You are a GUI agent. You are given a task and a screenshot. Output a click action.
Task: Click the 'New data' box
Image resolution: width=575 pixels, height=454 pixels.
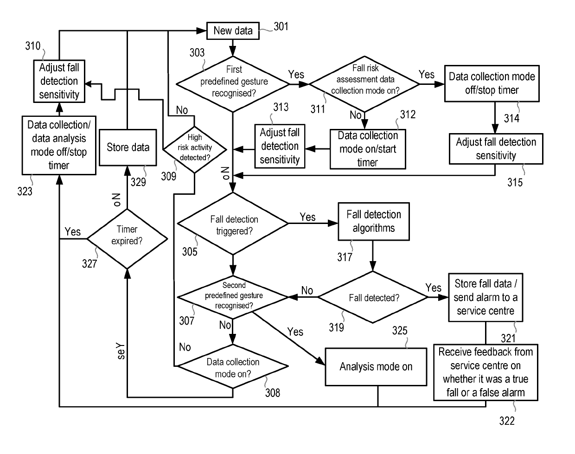pos(233,31)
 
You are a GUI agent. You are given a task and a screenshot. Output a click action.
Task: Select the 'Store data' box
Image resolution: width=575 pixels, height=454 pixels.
pos(128,147)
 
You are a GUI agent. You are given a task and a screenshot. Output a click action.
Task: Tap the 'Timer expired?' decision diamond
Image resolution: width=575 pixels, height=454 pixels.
pos(127,239)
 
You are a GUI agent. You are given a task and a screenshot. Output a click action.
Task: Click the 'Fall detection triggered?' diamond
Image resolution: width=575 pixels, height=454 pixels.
pos(233,224)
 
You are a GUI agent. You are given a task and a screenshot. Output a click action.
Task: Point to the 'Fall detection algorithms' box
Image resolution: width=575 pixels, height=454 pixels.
pos(374,222)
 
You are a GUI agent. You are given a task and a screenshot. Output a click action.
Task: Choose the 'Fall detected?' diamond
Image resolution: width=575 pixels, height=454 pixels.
pos(373,297)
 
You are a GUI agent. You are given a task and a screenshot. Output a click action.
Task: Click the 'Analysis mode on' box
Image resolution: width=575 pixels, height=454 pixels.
pos(376,367)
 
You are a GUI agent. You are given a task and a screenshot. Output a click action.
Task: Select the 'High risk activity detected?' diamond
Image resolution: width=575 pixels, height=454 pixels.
pos(195,150)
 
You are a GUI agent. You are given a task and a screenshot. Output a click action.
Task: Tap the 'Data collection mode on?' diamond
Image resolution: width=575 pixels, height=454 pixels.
pos(233,366)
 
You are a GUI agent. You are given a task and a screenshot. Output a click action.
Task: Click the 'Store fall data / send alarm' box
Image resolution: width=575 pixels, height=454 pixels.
pos(486,297)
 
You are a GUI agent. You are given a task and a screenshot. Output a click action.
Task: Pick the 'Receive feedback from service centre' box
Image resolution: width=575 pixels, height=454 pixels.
pos(486,372)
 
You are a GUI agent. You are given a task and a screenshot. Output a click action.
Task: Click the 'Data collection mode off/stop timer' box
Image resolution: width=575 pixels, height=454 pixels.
pos(492,83)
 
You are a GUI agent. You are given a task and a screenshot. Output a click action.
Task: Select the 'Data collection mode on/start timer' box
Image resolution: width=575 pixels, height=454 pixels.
pos(368,149)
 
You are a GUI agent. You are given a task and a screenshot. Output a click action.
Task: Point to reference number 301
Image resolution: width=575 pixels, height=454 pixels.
pos(281,27)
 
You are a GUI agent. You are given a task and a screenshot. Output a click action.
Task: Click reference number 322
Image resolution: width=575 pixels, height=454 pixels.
pos(507,421)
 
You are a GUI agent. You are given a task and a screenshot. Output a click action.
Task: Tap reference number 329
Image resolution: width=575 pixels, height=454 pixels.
pos(138,182)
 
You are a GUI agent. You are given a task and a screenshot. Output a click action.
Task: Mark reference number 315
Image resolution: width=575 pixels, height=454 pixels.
pos(515,183)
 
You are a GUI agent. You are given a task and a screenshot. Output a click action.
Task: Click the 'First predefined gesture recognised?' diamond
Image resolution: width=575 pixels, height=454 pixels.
pos(233,84)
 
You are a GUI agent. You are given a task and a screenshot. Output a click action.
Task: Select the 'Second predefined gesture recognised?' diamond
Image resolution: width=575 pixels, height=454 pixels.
pos(233,297)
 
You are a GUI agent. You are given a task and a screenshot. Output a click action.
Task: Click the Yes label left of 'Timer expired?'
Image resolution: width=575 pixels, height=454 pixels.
pos(73,232)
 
